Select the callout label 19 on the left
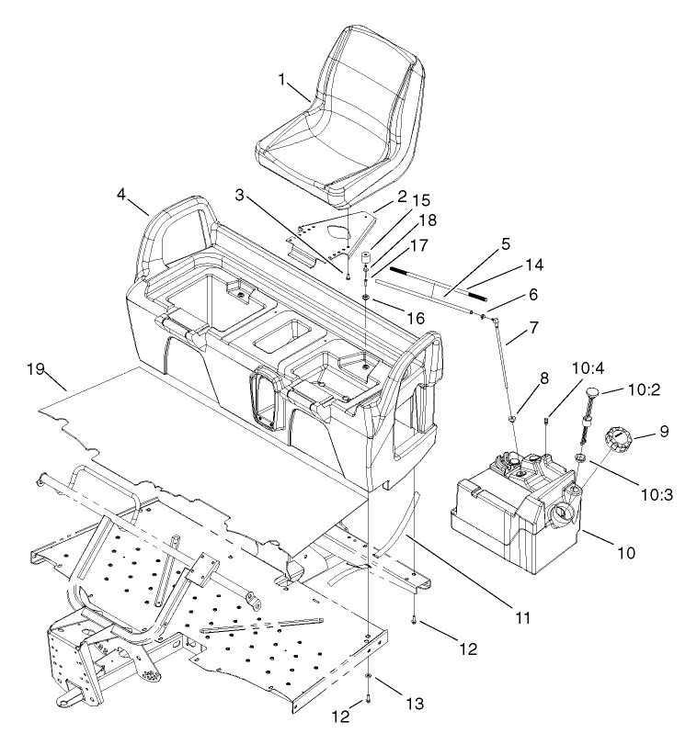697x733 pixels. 36,369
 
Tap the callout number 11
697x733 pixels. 522,618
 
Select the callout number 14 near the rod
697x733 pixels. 533,265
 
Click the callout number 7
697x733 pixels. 533,328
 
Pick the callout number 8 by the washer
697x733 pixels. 520,377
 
